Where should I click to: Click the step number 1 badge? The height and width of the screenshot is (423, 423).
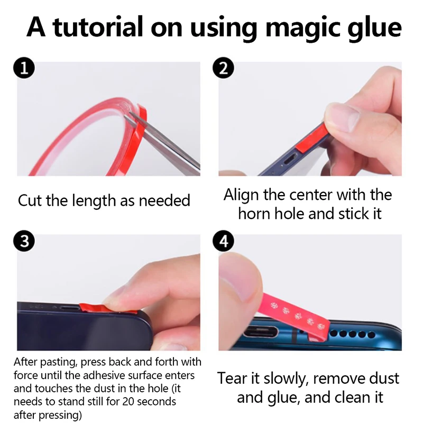[25, 69]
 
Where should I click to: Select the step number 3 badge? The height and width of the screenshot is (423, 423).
[25, 242]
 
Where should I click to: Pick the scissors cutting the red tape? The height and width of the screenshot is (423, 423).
[169, 143]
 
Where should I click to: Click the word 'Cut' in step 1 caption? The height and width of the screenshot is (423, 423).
[31, 201]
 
